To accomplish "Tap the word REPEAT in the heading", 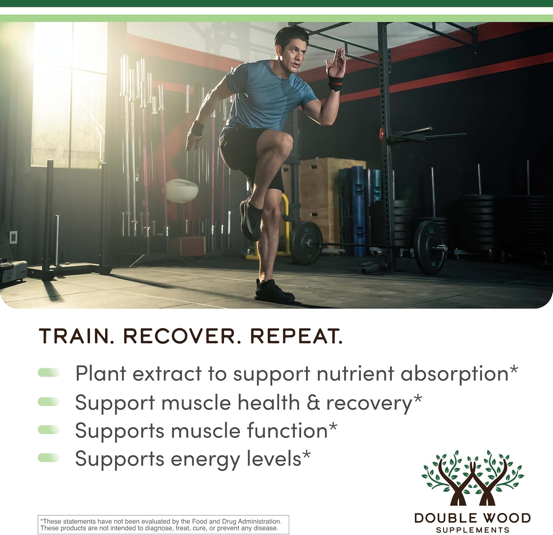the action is [x=296, y=336].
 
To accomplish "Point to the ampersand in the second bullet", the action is [x=313, y=402].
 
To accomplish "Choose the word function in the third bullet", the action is [x=287, y=430].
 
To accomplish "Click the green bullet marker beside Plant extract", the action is [x=49, y=372].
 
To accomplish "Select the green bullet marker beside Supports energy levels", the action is [x=49, y=458].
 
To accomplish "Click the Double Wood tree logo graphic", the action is [x=472, y=477].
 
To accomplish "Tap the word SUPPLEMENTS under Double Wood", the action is [x=473, y=530].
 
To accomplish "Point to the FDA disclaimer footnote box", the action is [x=163, y=524].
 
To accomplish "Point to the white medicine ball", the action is [x=182, y=190].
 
